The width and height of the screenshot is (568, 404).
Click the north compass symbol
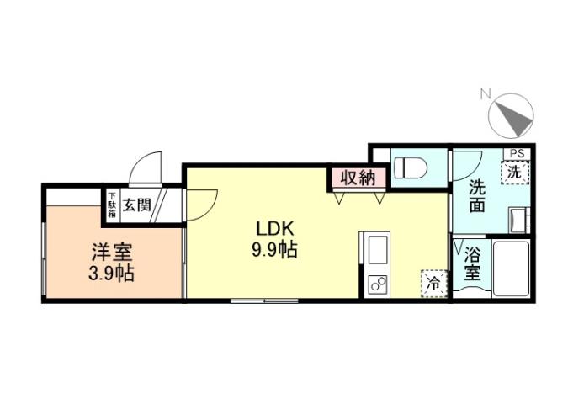(512, 116)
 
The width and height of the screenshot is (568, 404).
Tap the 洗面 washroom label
(477, 196)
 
